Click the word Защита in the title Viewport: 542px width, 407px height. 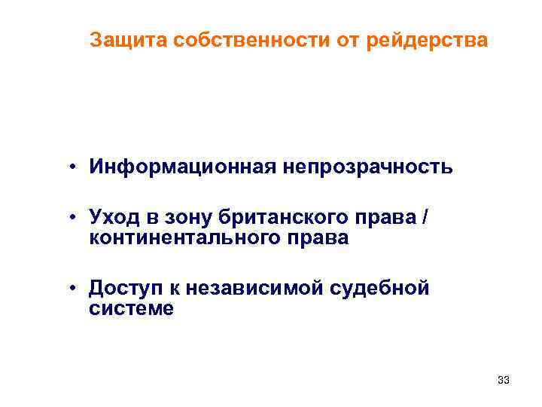(x=128, y=39)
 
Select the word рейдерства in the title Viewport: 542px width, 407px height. (x=428, y=39)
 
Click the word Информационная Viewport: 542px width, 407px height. (x=181, y=167)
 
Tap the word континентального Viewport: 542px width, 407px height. (x=189, y=238)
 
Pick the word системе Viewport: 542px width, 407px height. (x=131, y=308)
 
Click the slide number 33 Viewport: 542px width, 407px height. (x=504, y=381)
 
